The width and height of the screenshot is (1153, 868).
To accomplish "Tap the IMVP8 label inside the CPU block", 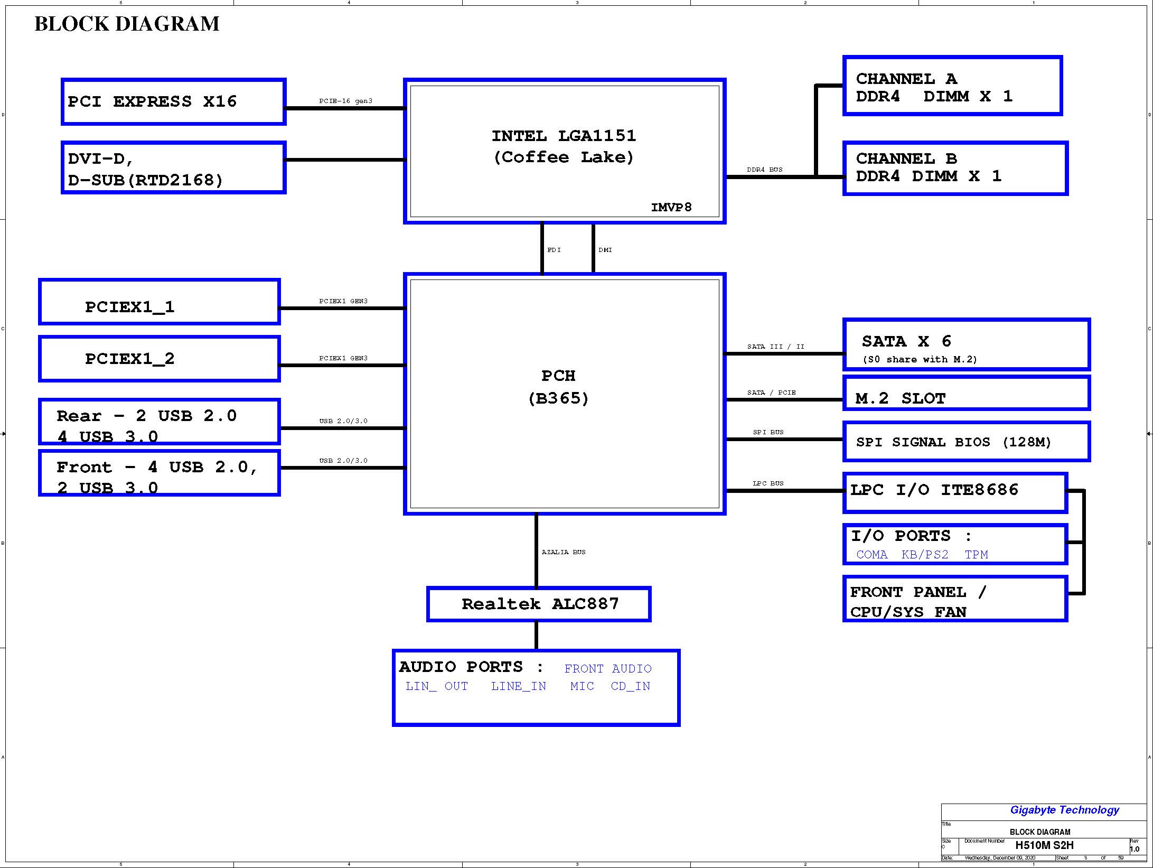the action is (671, 207).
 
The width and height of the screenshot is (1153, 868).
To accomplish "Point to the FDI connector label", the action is (554, 250).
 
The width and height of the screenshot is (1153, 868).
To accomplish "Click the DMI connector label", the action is (605, 250).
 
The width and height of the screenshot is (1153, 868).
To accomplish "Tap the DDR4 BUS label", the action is (764, 170).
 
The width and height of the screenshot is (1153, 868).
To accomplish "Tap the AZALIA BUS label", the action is (564, 552).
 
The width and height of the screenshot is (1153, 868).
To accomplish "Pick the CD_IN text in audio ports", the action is (631, 686).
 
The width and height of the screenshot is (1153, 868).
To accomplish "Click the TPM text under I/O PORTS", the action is (976, 554).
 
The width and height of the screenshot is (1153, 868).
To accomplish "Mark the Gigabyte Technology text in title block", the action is (1065, 810).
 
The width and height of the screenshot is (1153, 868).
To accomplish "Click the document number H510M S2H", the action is (1044, 845).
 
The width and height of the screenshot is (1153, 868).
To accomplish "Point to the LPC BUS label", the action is (768, 483).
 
